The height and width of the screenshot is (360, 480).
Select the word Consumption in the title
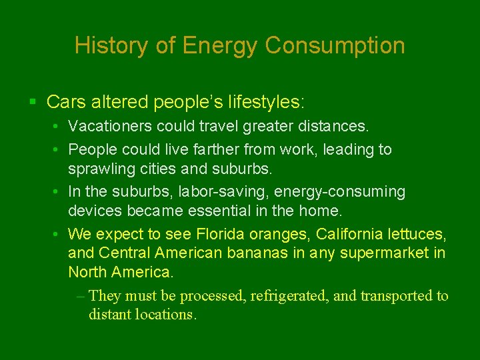click(335, 45)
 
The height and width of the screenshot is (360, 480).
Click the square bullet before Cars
click(33, 103)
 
